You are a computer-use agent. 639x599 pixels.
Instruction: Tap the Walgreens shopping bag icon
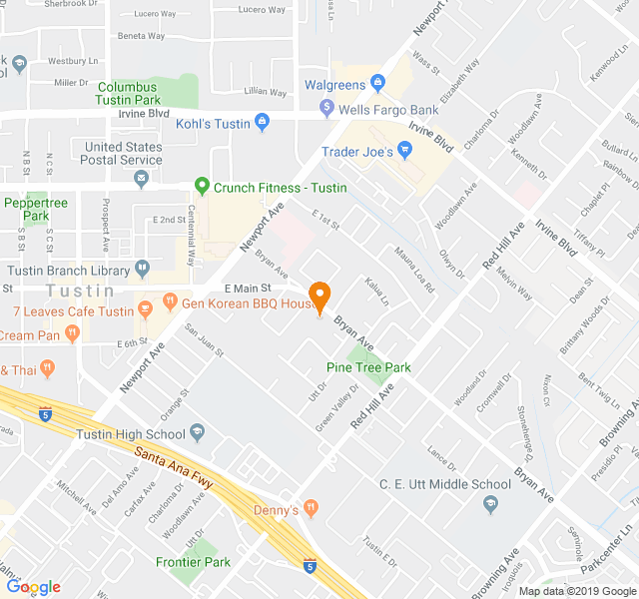(x=377, y=82)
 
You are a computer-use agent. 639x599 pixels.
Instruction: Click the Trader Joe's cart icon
(x=404, y=151)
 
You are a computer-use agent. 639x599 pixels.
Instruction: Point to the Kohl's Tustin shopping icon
(x=262, y=123)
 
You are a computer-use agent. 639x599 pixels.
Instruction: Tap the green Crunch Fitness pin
(x=202, y=187)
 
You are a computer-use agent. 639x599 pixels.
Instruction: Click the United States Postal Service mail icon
(x=142, y=180)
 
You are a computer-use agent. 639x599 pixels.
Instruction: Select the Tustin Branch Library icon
(x=143, y=268)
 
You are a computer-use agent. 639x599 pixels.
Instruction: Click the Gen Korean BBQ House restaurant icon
(x=170, y=300)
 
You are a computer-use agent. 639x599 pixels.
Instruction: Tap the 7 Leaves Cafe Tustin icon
(x=145, y=308)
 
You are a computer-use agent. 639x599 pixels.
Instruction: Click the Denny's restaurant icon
(x=312, y=508)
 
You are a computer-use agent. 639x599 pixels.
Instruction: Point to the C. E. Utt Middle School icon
(x=489, y=503)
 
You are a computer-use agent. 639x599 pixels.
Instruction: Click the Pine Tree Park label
(x=368, y=367)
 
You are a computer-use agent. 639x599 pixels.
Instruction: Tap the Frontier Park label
(x=193, y=562)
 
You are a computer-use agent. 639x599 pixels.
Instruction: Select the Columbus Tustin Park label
(x=129, y=94)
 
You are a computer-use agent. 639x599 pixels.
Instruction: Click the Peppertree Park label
(x=36, y=209)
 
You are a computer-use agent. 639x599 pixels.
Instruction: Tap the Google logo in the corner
(x=34, y=587)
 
